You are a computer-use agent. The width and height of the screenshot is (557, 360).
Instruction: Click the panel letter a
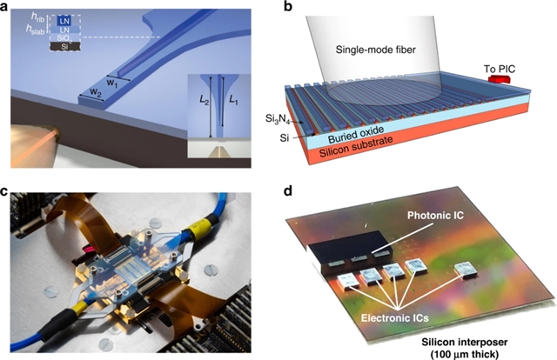coord(6,7)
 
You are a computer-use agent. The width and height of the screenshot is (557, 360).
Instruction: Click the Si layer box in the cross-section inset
coord(44,47)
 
